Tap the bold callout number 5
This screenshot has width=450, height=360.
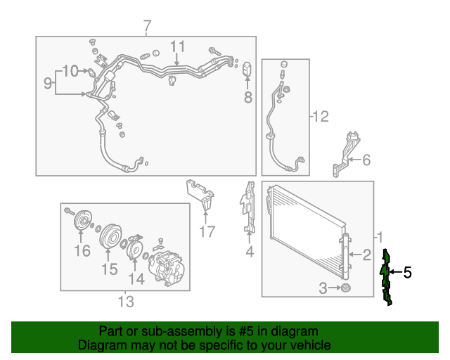coord(408,272)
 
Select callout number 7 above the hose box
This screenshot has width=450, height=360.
coord(147,27)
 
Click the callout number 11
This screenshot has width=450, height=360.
coord(178,46)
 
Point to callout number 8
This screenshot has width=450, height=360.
coord(248,97)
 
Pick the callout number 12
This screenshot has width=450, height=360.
coord(321,117)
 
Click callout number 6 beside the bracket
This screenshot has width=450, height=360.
coord(366,160)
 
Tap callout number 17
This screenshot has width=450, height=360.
coord(207,231)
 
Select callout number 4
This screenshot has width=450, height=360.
coord(250,251)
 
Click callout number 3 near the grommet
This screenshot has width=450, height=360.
coord(323,288)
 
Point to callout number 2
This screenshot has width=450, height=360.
coord(367,255)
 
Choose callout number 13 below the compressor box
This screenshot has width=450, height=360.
coord(126,302)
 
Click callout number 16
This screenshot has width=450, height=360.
coord(82,250)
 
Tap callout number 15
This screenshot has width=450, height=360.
coord(110,269)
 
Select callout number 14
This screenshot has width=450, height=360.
coord(136,278)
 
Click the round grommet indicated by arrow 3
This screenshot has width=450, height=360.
coord(345,288)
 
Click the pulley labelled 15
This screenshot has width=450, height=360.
coord(110,236)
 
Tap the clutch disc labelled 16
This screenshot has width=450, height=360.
coord(82,221)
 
